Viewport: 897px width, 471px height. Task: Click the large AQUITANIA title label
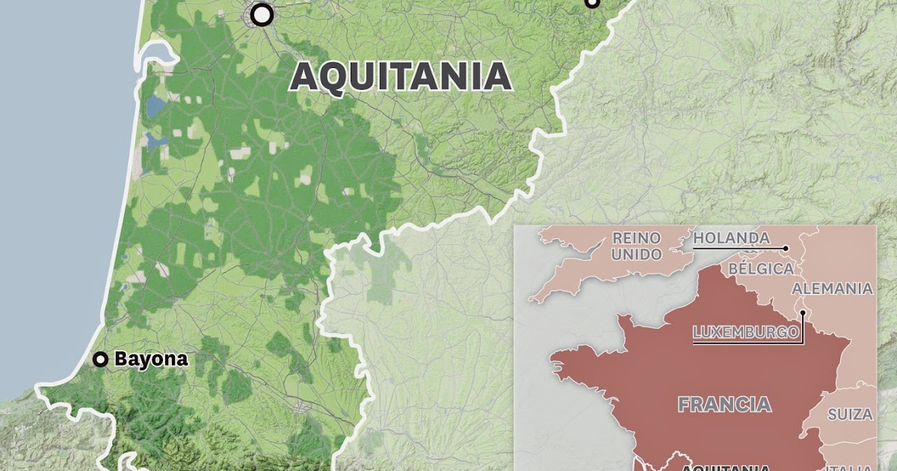401,76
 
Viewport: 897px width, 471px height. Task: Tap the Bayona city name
150,360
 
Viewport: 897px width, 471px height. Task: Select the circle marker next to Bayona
99,360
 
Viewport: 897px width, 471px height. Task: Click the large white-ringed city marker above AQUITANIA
262,14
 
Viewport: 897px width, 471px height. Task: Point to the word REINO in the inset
637,238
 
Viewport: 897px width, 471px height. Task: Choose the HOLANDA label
731,238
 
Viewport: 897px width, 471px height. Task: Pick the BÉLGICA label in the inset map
760,268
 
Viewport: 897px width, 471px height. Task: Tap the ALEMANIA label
831,289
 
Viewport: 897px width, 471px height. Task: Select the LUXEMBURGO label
745,332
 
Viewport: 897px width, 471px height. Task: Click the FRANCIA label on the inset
724,404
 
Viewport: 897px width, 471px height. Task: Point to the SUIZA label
850,414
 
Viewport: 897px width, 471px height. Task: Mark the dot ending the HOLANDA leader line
787,247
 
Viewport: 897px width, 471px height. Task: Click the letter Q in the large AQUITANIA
332,77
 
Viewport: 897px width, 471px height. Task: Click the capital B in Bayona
120,360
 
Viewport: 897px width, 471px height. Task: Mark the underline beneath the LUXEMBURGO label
745,342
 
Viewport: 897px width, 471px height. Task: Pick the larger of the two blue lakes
156,106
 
